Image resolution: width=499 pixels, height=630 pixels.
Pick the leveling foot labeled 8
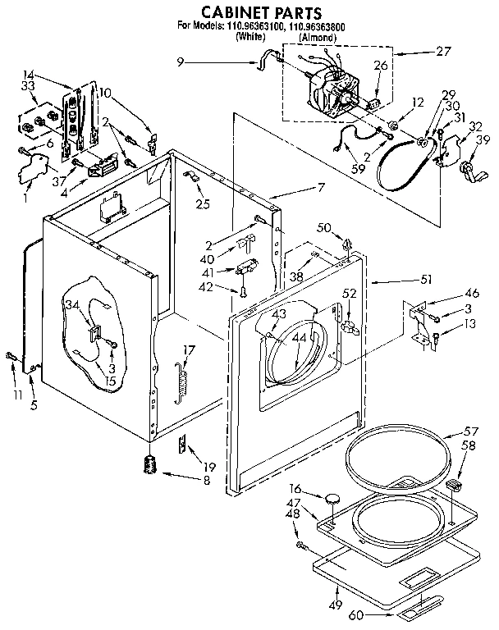pos(149,464)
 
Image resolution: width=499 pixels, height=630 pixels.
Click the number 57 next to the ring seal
pos(470,431)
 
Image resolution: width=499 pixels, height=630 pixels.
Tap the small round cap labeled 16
pos(332,498)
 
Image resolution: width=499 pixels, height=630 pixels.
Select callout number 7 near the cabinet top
pos(321,187)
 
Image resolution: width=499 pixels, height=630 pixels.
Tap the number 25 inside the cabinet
pos(203,203)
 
